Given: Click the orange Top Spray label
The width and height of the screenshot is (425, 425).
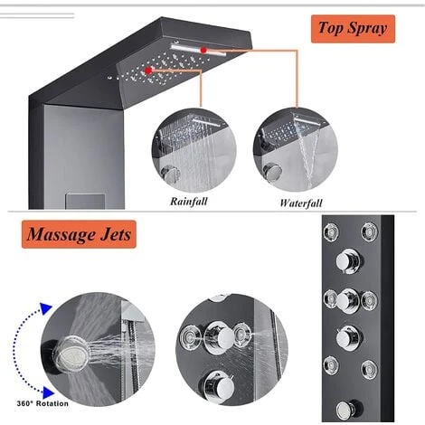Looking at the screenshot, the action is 353,29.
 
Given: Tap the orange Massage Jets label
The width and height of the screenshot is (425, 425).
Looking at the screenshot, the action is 79,234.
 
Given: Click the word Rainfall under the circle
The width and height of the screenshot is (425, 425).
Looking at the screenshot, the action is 189,201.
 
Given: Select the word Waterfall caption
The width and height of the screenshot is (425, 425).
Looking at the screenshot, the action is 301,203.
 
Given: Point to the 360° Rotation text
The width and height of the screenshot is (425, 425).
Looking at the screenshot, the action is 42,403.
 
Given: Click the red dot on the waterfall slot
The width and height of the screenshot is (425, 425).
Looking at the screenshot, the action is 203,50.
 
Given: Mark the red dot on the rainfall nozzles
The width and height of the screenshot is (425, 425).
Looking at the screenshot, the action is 148,71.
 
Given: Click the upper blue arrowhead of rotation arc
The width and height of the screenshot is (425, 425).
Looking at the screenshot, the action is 46,309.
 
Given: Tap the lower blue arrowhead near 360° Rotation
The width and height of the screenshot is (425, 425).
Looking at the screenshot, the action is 48,392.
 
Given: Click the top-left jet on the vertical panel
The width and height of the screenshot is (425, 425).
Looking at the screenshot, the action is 331,232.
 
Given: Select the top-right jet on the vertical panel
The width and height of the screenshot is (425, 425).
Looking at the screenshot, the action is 369,231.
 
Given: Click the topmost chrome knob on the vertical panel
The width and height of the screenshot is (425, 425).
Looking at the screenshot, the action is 348,260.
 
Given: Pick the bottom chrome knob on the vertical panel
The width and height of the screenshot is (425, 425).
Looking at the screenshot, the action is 346,411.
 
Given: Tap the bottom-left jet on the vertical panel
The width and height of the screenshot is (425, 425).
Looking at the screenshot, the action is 331,365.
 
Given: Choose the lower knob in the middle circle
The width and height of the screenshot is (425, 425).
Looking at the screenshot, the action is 219,386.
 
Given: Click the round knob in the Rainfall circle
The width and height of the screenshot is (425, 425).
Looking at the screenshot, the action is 170,175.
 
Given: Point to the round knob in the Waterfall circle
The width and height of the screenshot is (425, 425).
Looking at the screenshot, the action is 272,173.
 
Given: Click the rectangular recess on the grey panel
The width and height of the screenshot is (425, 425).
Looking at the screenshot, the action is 85,202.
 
